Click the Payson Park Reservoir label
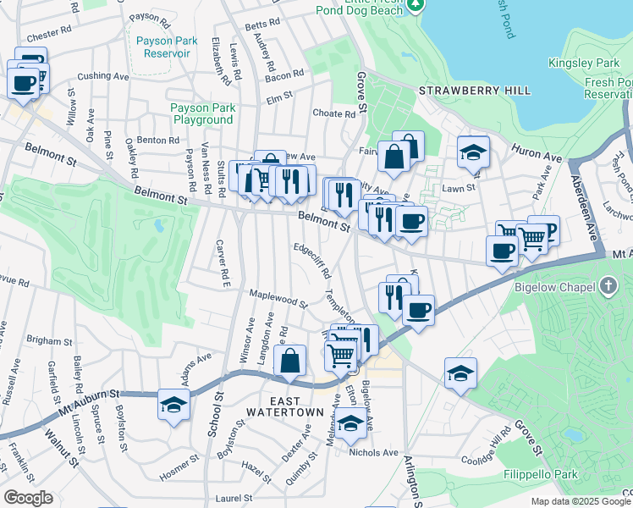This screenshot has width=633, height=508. [x=161, y=47]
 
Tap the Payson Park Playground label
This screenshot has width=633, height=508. [x=201, y=113]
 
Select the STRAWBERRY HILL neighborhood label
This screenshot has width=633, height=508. [x=476, y=91]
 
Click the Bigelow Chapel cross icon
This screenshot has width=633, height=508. [x=608, y=286]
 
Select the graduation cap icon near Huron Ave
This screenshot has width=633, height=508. [x=474, y=152]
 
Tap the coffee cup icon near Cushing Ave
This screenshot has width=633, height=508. [x=23, y=83]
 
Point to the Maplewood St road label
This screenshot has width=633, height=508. [x=278, y=299]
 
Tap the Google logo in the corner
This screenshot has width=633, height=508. [x=28, y=498]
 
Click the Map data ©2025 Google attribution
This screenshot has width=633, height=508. [x=580, y=501]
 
